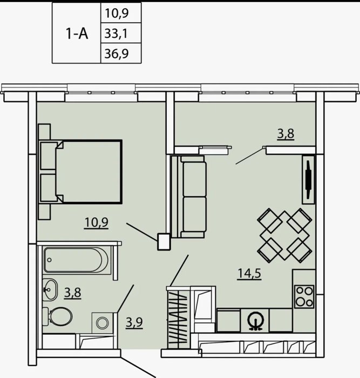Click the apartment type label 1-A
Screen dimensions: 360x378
click(77, 33)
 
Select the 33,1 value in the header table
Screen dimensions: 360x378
click(116, 33)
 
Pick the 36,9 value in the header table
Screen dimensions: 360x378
click(117, 53)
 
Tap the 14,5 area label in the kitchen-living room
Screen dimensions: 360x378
click(249, 274)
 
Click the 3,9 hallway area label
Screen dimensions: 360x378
click(134, 323)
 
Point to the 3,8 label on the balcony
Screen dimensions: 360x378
click(286, 134)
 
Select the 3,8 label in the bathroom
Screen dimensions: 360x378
click(72, 293)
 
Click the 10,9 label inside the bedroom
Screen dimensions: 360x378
click(97, 222)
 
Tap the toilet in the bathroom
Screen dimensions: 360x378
click(58, 317)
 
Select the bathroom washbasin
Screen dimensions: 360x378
click(50, 289)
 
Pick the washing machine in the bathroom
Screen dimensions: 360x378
click(103, 322)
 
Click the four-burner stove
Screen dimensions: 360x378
click(304, 296)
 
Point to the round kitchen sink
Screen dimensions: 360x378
click(256, 321)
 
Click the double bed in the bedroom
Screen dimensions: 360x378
click(81, 172)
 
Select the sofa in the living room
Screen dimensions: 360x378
click(188, 197)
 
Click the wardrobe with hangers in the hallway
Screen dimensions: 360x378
click(179, 318)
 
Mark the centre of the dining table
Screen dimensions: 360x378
click(284, 235)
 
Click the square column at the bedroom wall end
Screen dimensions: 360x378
click(164, 241)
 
